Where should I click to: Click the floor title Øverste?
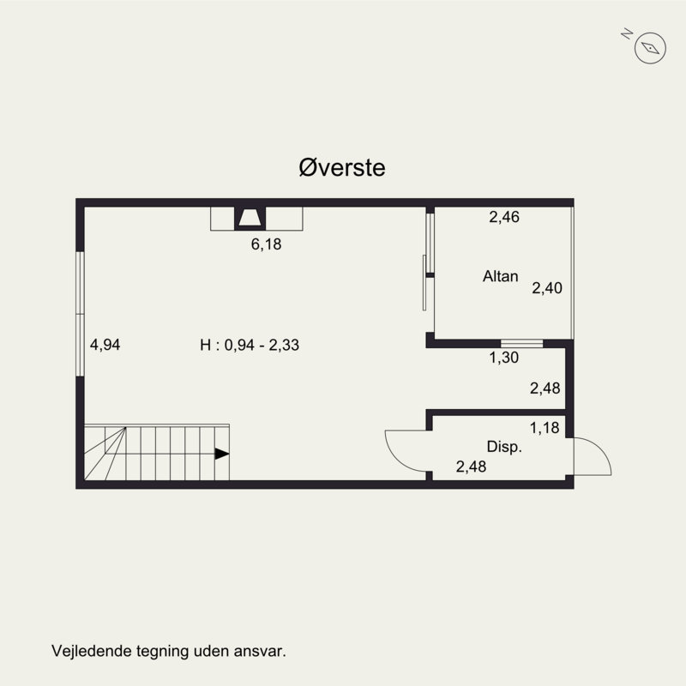(x=342, y=167)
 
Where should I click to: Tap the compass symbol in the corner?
(x=650, y=48)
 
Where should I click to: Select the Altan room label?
(x=501, y=276)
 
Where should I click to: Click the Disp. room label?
(x=504, y=447)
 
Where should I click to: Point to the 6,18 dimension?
(x=266, y=244)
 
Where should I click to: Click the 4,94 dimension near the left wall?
(x=105, y=345)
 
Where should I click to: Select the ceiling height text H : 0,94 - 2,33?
(x=250, y=345)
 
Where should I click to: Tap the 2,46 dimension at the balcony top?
(x=504, y=217)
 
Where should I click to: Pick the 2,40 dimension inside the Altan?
(x=547, y=288)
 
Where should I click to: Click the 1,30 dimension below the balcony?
(x=504, y=358)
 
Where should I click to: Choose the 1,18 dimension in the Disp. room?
(x=545, y=427)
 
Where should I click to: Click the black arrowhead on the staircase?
(x=221, y=454)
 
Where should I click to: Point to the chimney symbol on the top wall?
(x=250, y=219)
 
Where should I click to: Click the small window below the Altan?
(x=521, y=344)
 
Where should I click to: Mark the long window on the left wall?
(x=80, y=314)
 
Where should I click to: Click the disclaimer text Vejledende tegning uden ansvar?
(x=169, y=651)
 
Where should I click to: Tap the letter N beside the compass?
(x=627, y=33)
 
